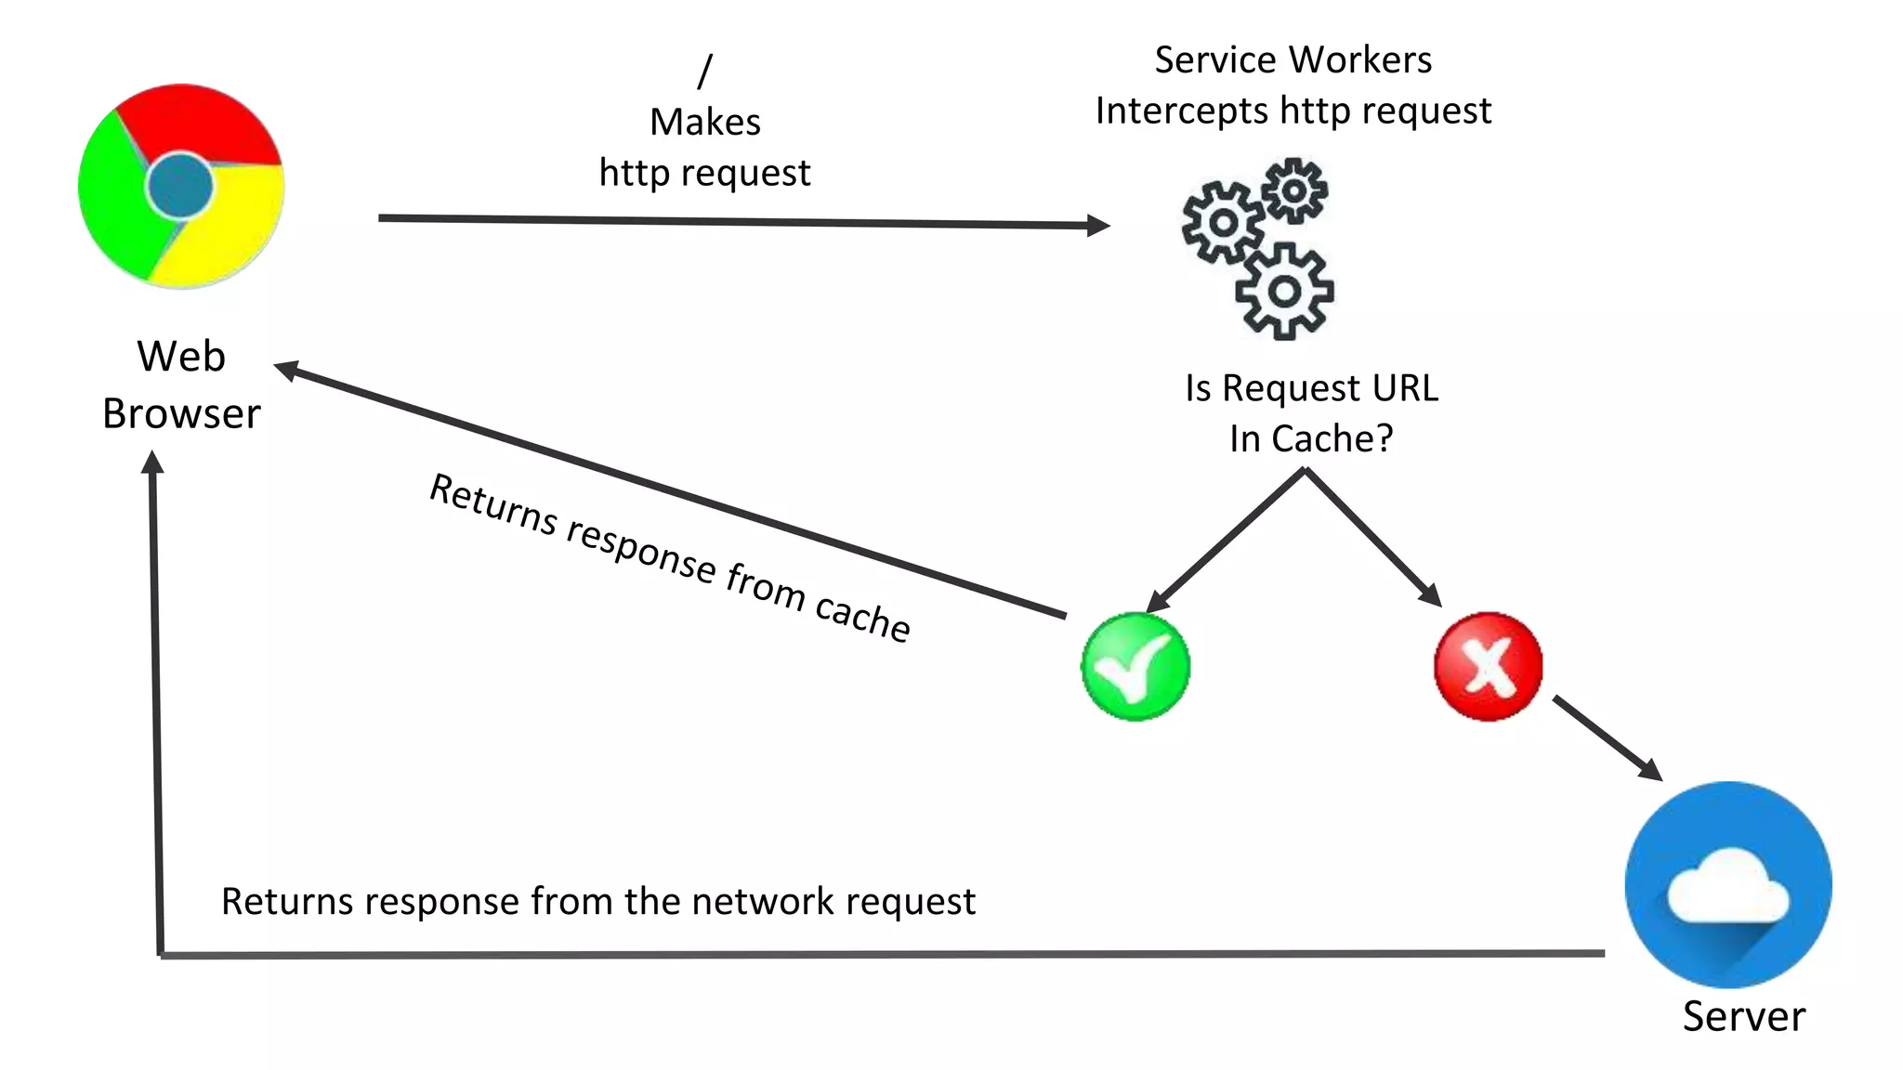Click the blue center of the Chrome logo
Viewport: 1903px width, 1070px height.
[x=179, y=186]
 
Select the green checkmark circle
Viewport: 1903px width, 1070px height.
[x=1135, y=666]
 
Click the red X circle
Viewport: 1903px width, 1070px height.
[x=1488, y=666]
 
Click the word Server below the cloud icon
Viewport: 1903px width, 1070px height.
[x=1743, y=1015]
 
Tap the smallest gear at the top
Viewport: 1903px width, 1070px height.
[x=1294, y=190]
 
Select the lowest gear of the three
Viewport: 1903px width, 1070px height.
[x=1284, y=292]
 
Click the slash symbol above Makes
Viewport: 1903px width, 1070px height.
[x=705, y=71]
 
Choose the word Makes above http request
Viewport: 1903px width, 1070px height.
[x=705, y=122]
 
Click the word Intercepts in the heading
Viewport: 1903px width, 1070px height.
[x=1181, y=111]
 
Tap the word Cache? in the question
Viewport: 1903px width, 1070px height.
[x=1332, y=438]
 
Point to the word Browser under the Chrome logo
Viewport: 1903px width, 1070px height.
[x=181, y=413]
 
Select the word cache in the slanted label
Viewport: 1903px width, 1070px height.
[x=861, y=617]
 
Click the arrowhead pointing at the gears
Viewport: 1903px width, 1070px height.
[x=1098, y=225]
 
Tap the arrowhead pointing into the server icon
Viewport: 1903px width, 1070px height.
[x=1650, y=769]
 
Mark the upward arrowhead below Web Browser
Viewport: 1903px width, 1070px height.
[x=153, y=463]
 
